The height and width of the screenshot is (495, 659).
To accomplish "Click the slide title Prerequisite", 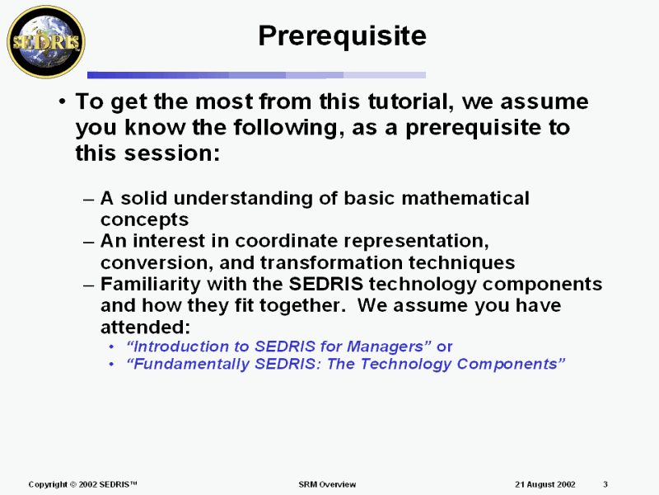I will click(x=342, y=35).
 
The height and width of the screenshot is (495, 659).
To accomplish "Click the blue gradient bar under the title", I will click(x=255, y=75).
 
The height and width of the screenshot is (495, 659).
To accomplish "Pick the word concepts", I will click(x=144, y=220).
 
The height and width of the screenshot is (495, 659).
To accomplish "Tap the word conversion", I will click(x=149, y=262).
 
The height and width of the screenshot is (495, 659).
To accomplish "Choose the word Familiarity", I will click(x=150, y=284).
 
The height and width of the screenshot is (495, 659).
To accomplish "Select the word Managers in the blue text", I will click(x=391, y=346).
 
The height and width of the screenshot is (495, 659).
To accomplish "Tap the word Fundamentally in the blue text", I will click(x=185, y=364).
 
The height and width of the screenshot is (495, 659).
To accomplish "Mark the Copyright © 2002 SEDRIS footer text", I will click(x=82, y=484).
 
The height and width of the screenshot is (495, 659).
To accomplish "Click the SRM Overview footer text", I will click(x=327, y=484).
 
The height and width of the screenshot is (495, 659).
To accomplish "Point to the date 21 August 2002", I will click(x=544, y=484).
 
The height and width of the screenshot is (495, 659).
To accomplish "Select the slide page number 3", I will click(x=605, y=484).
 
